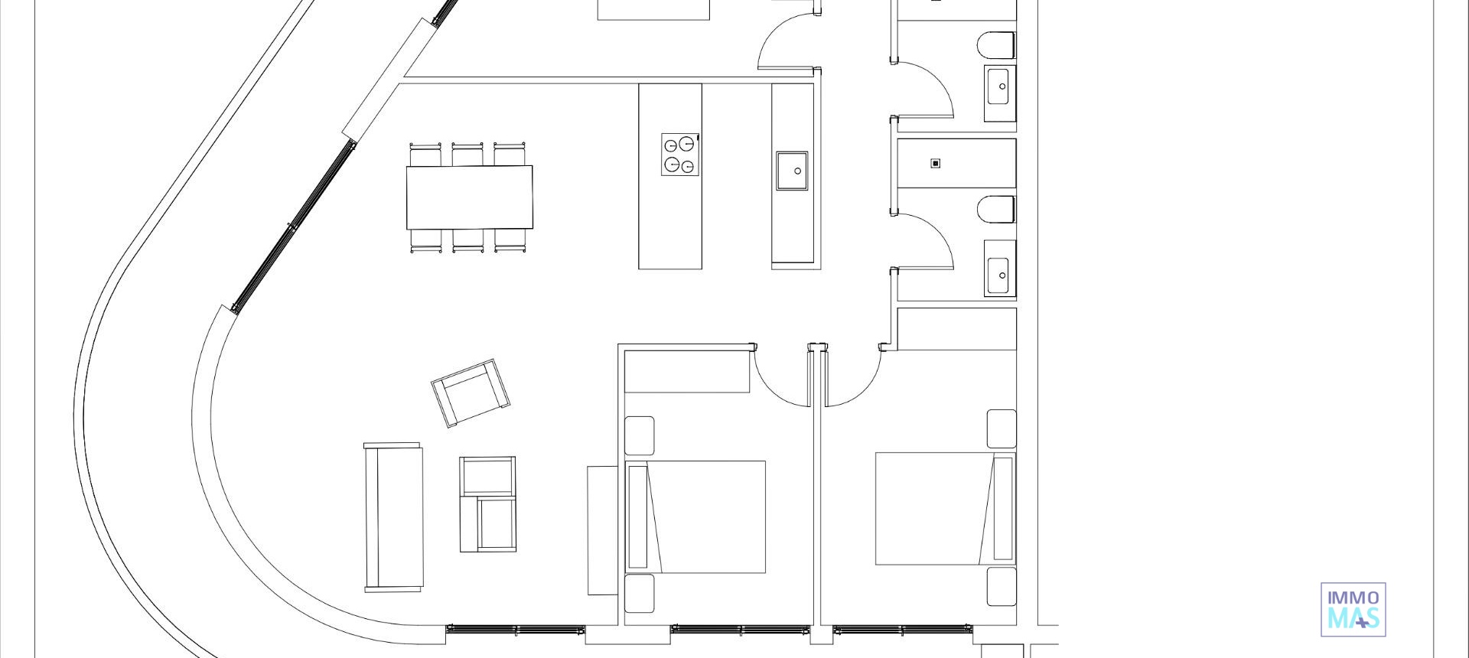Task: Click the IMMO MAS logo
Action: [1353, 609]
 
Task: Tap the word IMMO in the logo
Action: [1353, 598]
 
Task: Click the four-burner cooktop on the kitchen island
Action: [681, 155]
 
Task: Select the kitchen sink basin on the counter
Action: [792, 171]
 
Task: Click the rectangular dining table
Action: [469, 197]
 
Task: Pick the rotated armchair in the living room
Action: [471, 393]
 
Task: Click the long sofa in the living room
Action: [393, 517]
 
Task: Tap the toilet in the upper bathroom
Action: [996, 45]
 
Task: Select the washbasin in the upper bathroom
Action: [1000, 86]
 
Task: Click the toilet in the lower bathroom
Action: [996, 210]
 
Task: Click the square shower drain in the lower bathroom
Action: [935, 163]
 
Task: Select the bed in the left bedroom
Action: [696, 516]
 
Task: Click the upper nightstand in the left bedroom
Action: [640, 435]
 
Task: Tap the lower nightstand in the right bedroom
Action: [1001, 586]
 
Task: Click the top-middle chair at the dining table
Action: [467, 155]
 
